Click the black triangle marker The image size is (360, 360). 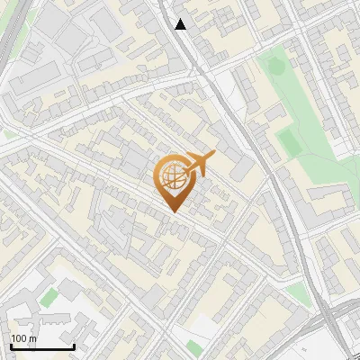[x=181, y=24]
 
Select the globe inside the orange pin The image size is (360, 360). [x=173, y=178]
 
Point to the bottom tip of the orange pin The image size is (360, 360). [x=173, y=212]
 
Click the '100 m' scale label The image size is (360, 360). [x=24, y=338]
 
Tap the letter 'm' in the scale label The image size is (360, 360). [x=33, y=338]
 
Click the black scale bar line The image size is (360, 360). [x=41, y=347]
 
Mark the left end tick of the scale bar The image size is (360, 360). [x=10, y=346]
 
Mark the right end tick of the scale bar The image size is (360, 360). [x=74, y=346]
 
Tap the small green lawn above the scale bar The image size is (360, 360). [x=49, y=298]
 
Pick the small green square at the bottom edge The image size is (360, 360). [x=194, y=348]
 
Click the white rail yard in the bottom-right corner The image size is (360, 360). [x=333, y=346]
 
